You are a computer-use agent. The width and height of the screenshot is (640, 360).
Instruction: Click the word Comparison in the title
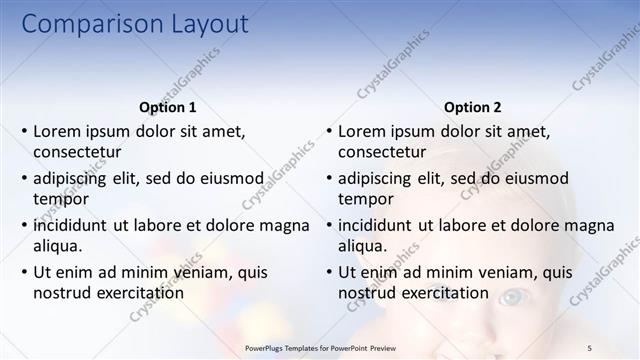pyautogui.click(x=91, y=24)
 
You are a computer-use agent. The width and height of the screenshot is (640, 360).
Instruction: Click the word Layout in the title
pyautogui.click(x=207, y=24)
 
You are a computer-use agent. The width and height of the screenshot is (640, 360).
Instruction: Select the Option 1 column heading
pyautogui.click(x=166, y=108)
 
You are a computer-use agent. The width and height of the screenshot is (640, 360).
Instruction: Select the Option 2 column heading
pyautogui.click(x=473, y=108)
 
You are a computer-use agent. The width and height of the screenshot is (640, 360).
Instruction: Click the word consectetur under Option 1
pyautogui.click(x=77, y=152)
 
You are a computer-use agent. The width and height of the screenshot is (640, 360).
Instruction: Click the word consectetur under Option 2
pyautogui.click(x=382, y=152)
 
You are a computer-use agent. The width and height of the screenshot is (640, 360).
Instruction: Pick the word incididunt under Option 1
pyautogui.click(x=71, y=225)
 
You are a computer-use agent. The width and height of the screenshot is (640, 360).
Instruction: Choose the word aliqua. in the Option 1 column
pyautogui.click(x=58, y=246)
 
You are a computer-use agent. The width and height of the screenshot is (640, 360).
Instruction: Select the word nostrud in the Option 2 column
pyautogui.click(x=366, y=293)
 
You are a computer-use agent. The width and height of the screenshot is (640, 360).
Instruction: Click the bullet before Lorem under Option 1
pyautogui.click(x=23, y=131)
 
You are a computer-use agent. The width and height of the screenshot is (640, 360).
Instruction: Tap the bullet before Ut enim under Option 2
pyautogui.click(x=328, y=272)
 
